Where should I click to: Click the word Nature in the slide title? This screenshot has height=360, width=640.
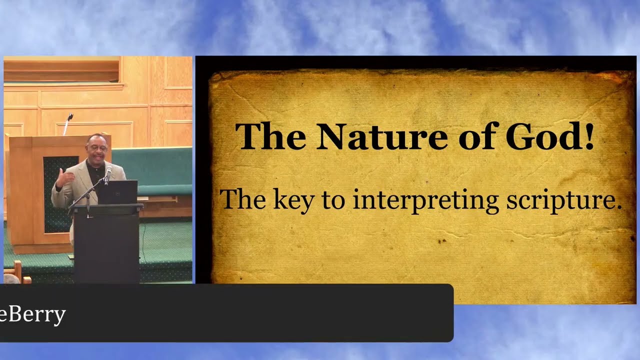tap(381, 136)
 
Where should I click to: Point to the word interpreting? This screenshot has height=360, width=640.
tap(426, 200)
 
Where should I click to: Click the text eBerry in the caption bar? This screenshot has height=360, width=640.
tap(32, 315)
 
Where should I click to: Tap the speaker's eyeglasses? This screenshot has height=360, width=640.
tap(97, 149)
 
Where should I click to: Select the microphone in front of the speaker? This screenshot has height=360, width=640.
tap(108, 175)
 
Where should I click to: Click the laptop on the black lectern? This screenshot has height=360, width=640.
tap(117, 192)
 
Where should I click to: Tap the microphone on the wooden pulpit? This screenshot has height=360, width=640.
tap(68, 123)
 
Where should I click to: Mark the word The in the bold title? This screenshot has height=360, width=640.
tap(270, 136)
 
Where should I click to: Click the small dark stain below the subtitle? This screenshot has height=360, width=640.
tap(442, 241)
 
